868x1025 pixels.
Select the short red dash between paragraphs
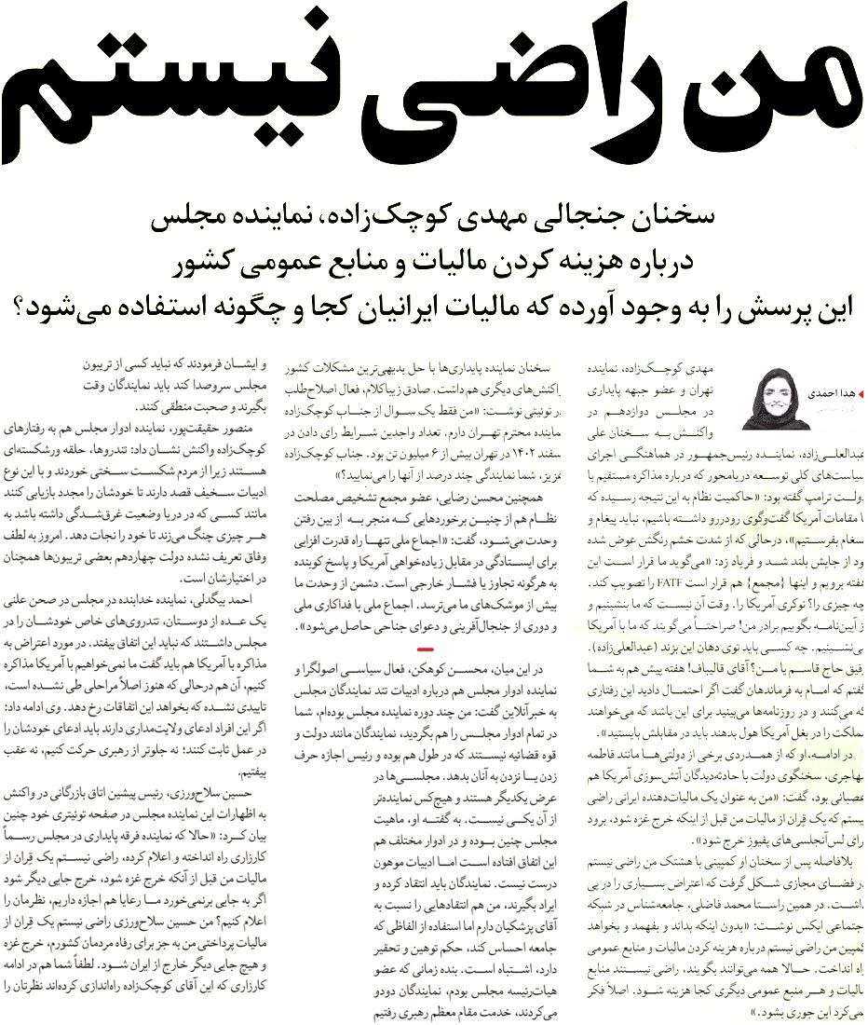click(x=427, y=645)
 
